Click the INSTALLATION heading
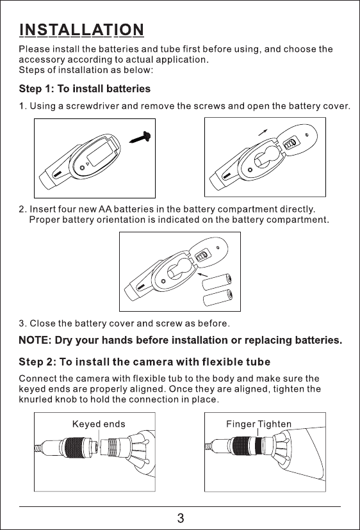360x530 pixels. (x=81, y=30)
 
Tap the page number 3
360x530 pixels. (x=181, y=518)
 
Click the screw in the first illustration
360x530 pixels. (x=140, y=137)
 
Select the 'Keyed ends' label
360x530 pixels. (x=99, y=424)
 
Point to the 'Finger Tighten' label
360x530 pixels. (x=259, y=424)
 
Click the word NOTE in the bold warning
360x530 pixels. (x=35, y=340)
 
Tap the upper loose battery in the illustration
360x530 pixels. (x=217, y=282)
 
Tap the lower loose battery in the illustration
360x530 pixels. (x=217, y=298)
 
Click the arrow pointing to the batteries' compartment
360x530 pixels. (x=202, y=274)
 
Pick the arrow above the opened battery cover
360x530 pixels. (x=263, y=132)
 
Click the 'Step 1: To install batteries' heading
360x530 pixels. (x=85, y=89)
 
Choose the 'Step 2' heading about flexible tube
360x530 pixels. (x=145, y=362)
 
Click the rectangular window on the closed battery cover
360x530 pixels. (x=99, y=154)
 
